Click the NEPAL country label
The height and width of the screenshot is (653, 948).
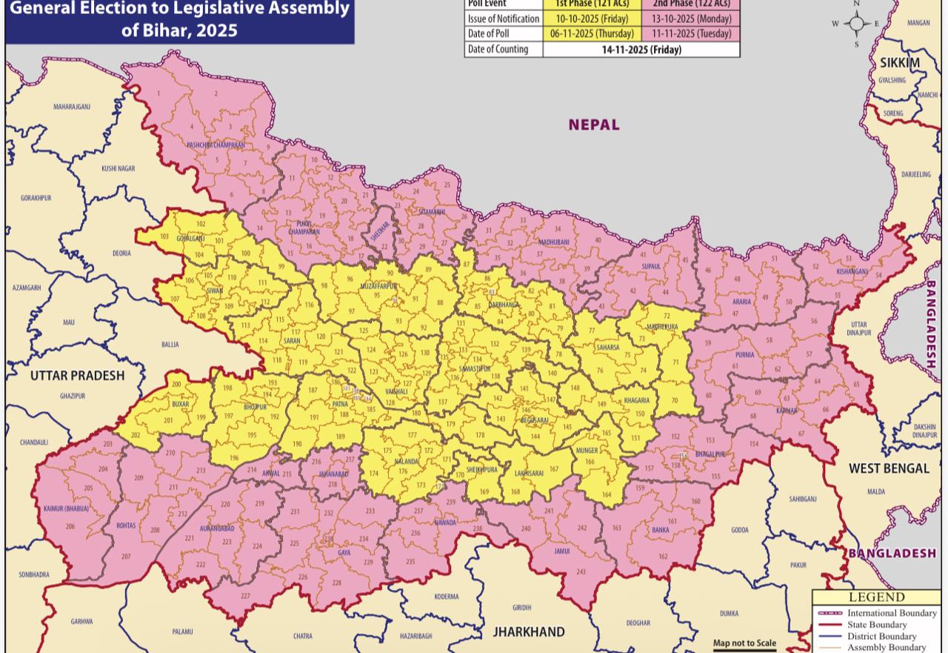click(594, 125)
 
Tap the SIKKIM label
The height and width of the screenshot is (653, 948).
click(899, 63)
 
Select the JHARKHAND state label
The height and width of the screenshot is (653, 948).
click(529, 632)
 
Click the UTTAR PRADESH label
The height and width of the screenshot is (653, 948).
click(78, 375)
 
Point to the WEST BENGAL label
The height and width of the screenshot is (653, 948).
click(889, 468)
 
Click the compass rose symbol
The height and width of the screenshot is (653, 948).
click(857, 24)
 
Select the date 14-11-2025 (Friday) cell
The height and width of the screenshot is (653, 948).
click(641, 50)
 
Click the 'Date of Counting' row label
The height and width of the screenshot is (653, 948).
click(498, 50)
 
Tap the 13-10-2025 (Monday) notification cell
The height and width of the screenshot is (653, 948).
click(691, 19)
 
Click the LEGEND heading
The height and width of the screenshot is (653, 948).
click(876, 597)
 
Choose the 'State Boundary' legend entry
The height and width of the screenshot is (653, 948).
click(877, 625)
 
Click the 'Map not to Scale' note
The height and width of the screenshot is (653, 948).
click(744, 643)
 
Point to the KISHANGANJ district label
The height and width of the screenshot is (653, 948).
click(852, 271)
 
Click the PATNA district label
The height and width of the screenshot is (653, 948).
click(340, 404)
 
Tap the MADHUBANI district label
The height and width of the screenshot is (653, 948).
click(554, 242)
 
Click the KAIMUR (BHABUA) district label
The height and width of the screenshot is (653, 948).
click(66, 508)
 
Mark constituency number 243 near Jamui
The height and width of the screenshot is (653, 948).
click(580, 571)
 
